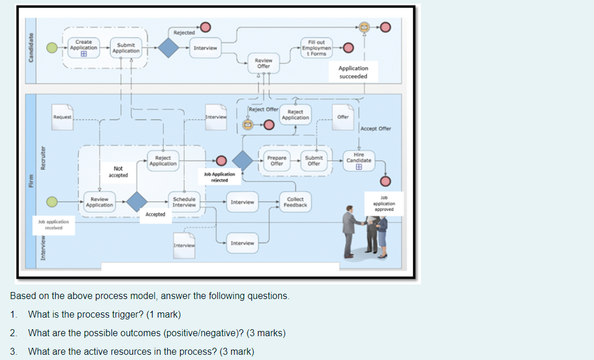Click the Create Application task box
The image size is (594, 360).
(x=84, y=48)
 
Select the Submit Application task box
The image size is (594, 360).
(x=126, y=48)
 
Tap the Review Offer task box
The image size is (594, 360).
(x=264, y=63)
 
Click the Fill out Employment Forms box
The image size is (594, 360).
(x=316, y=48)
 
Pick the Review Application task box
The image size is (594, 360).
(x=99, y=202)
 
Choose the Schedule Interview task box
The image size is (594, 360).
(x=184, y=202)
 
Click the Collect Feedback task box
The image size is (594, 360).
(x=295, y=202)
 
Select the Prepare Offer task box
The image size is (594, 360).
(x=276, y=160)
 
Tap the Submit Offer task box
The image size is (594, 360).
(x=314, y=160)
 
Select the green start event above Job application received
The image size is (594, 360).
(x=52, y=201)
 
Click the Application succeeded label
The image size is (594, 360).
(x=353, y=72)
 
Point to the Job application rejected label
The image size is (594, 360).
(x=219, y=177)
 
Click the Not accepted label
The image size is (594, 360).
(x=118, y=172)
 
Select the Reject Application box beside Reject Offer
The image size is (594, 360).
(x=295, y=114)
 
